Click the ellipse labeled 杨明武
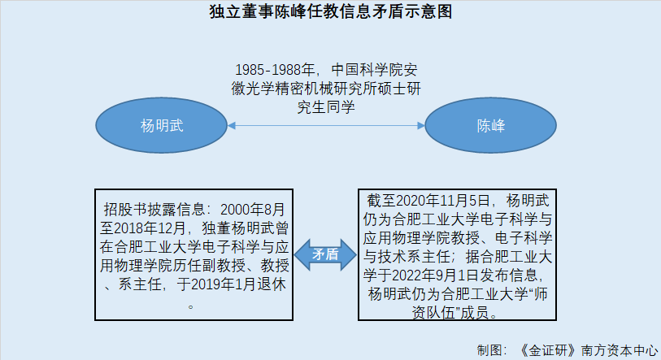[162, 125]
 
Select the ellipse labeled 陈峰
[491, 125]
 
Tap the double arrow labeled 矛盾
[325, 254]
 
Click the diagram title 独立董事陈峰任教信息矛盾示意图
[331, 11]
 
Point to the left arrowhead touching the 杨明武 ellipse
[232, 125]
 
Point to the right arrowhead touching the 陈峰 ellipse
[420, 125]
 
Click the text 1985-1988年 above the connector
[275, 70]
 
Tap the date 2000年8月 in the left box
[253, 209]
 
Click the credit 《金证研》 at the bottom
[548, 350]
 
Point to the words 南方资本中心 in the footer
[620, 350]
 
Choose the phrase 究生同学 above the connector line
[326, 107]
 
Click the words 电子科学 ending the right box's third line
[523, 238]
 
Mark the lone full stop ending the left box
[190, 306]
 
